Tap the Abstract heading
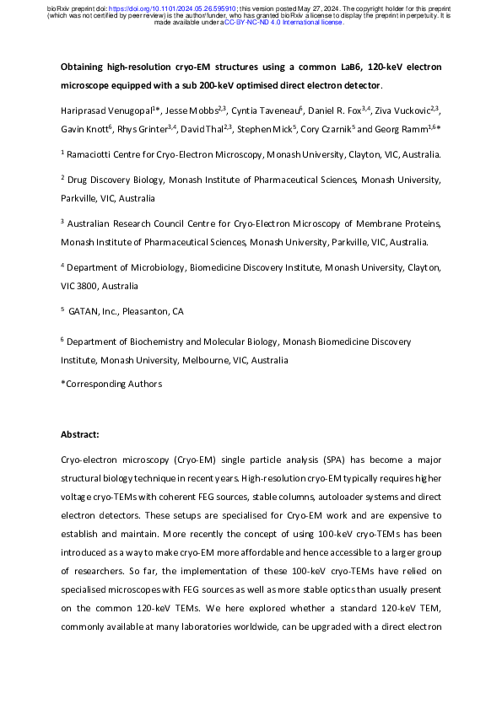click(x=80, y=434)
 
